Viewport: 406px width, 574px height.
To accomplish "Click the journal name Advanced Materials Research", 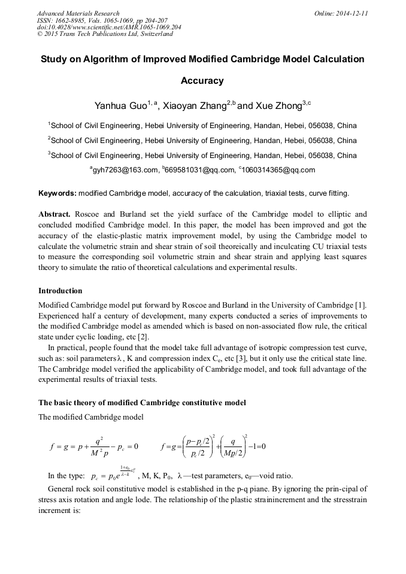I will click(x=78, y=13).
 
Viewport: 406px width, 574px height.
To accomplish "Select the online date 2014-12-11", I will click(x=349, y=13).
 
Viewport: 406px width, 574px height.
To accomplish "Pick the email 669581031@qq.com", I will click(x=198, y=170).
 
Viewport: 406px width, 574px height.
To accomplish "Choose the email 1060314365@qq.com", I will click(x=278, y=170).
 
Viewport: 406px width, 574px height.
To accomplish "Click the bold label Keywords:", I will click(x=57, y=194).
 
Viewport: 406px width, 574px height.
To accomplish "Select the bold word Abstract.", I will click(x=54, y=214).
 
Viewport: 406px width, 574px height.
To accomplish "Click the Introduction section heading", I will click(x=60, y=291).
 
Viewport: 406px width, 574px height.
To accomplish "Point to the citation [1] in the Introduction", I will click(x=360, y=305).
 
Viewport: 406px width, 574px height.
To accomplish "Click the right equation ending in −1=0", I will click(x=213, y=447).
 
